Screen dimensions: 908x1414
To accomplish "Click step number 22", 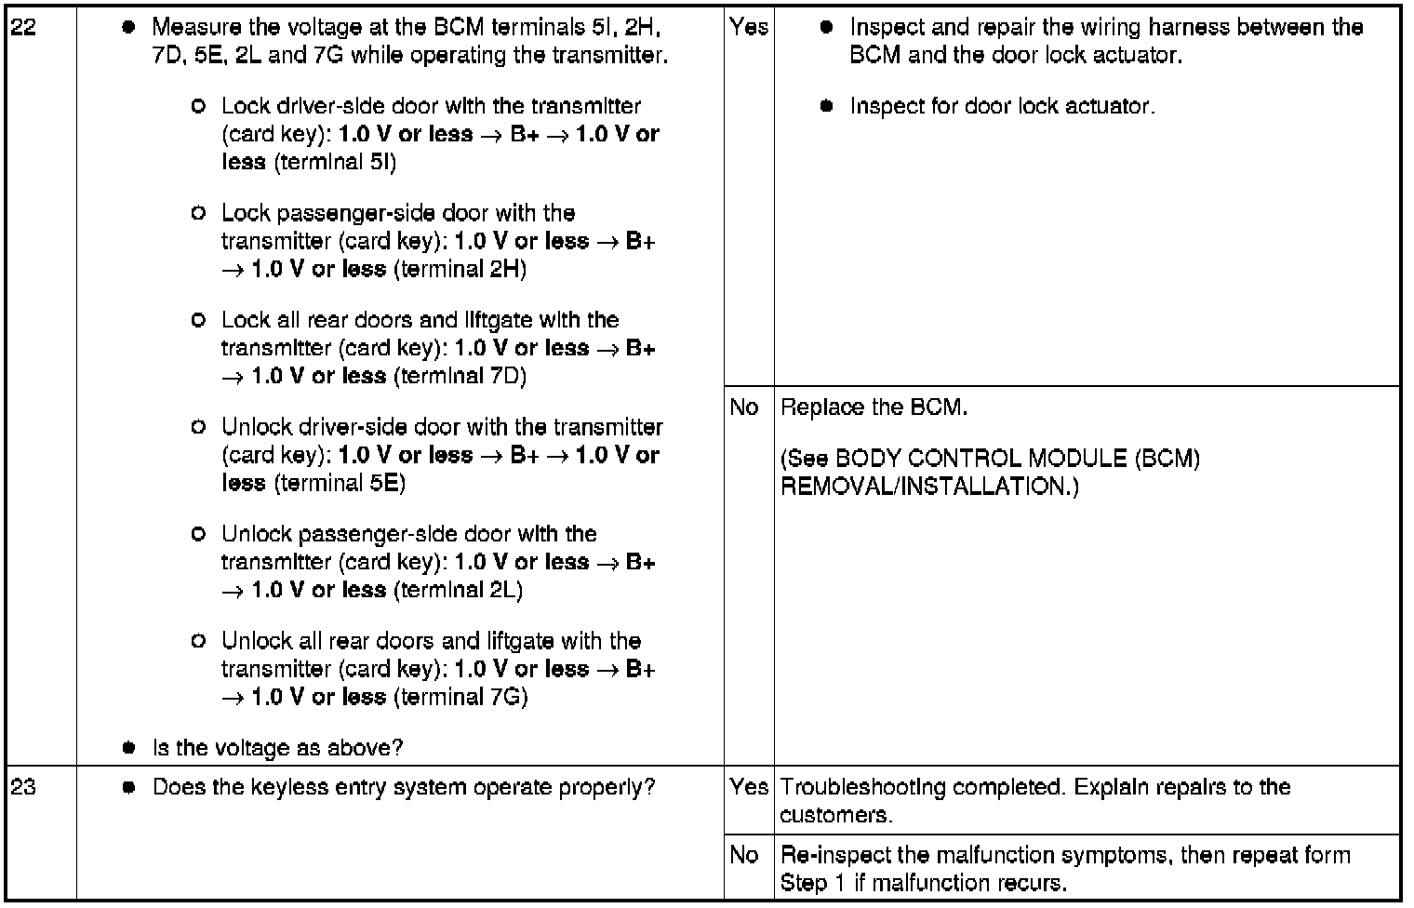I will pyautogui.click(x=23, y=27).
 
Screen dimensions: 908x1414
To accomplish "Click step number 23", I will pyautogui.click(x=23, y=787).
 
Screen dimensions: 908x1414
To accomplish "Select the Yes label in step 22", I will pyautogui.click(x=749, y=27).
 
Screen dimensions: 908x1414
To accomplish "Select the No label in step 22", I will pyautogui.click(x=744, y=407).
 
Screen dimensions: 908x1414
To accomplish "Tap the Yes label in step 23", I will pyautogui.click(x=749, y=787).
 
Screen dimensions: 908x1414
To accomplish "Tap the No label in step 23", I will pyautogui.click(x=744, y=855).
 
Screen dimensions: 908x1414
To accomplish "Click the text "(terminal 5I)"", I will pyautogui.click(x=334, y=162).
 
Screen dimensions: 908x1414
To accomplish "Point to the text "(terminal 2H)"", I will pyautogui.click(x=460, y=269).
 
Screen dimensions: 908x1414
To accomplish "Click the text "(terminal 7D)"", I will pyautogui.click(x=460, y=376).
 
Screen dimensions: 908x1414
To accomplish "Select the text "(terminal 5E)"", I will pyautogui.click(x=340, y=483).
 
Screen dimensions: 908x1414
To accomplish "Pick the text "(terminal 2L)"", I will pyautogui.click(x=458, y=590).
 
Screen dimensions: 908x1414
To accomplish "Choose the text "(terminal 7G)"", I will pyautogui.click(x=460, y=697).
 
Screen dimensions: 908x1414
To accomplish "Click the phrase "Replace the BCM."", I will pyautogui.click(x=874, y=407).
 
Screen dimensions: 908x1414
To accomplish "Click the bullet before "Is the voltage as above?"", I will pyautogui.click(x=129, y=748).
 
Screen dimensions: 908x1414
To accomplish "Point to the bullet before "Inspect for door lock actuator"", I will pyautogui.click(x=826, y=106).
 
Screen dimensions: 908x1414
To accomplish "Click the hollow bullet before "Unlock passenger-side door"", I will pyautogui.click(x=197, y=534).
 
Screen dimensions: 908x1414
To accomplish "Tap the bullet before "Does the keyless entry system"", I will pyautogui.click(x=129, y=788).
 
